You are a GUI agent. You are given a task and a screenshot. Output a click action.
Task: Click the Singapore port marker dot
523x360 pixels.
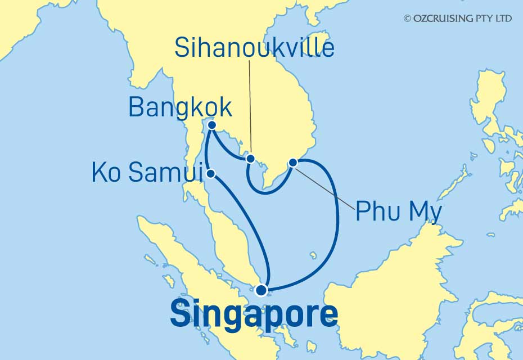point(261,290)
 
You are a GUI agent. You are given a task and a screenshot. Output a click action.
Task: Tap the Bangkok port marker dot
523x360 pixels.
point(212,125)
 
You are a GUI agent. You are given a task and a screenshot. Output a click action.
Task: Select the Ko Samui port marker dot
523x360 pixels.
point(210,174)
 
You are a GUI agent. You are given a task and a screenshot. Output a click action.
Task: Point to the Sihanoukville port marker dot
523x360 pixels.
point(250,159)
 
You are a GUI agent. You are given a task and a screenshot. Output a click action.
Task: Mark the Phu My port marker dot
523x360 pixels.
point(292,163)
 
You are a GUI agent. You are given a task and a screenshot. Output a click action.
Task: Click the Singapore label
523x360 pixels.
point(254,314)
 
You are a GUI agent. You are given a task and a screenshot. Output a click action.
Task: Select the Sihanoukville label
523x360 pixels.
point(254,48)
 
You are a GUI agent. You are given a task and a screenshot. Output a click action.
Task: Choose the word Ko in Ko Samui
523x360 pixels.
point(104,174)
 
